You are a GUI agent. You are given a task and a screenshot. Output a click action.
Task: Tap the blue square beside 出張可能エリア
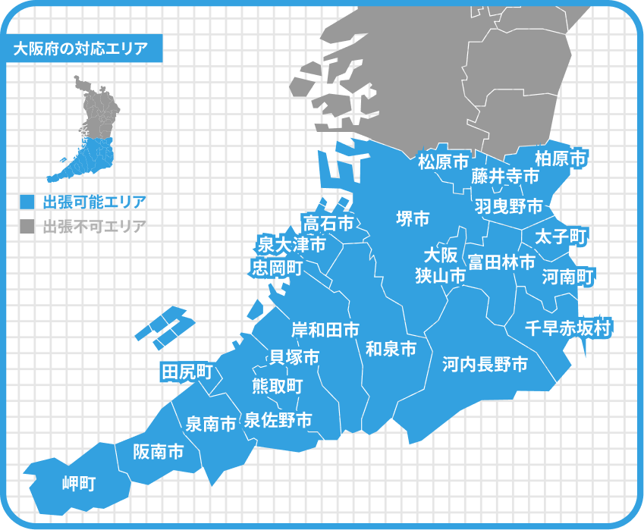pos(27,202)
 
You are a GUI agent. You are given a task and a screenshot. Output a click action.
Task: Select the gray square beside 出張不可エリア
pos(27,226)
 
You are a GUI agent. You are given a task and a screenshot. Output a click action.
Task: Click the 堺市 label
pos(413,219)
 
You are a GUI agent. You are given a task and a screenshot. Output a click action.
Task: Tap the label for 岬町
pos(78,483)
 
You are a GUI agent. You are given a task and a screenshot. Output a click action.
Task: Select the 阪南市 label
pos(158,452)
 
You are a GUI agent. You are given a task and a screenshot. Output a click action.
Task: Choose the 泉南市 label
pos(211,424)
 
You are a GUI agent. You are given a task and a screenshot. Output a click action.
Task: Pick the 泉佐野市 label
pos(278,420)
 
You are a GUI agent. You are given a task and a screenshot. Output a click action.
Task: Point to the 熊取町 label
pos(277,385)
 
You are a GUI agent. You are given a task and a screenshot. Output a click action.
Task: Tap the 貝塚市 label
pos(294,356)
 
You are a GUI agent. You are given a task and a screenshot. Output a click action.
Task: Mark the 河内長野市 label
pos(485,365)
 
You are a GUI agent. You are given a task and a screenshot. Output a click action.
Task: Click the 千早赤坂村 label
pos(569,328)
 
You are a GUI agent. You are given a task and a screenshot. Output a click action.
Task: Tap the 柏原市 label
pos(561,158)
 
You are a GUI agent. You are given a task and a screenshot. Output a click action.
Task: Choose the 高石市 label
pos(328,223)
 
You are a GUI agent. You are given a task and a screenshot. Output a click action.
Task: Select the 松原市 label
pos(444,161)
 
